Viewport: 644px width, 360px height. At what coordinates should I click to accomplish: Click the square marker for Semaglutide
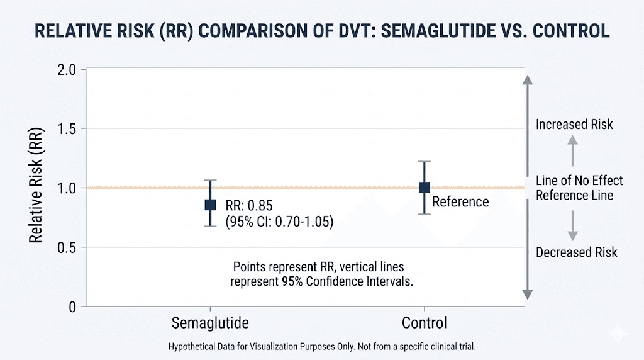coord(211,205)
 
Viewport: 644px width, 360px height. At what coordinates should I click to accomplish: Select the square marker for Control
coord(425,188)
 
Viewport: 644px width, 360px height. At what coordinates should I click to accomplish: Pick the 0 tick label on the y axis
coord(72,307)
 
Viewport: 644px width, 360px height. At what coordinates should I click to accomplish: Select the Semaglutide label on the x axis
coord(210,323)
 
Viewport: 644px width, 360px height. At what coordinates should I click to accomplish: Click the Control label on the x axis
coord(424,323)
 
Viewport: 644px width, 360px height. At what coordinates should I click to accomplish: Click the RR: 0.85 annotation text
coord(249,206)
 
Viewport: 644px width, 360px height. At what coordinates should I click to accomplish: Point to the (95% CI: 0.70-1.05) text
coord(279,222)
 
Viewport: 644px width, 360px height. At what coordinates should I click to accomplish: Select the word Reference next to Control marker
coord(460,201)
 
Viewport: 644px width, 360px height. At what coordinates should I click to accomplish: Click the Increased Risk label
coord(574,125)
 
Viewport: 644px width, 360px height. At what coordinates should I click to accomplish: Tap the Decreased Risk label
coord(576,252)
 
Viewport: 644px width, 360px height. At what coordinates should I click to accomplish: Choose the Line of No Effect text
coord(579,181)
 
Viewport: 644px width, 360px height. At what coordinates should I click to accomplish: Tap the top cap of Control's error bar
coord(425,162)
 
